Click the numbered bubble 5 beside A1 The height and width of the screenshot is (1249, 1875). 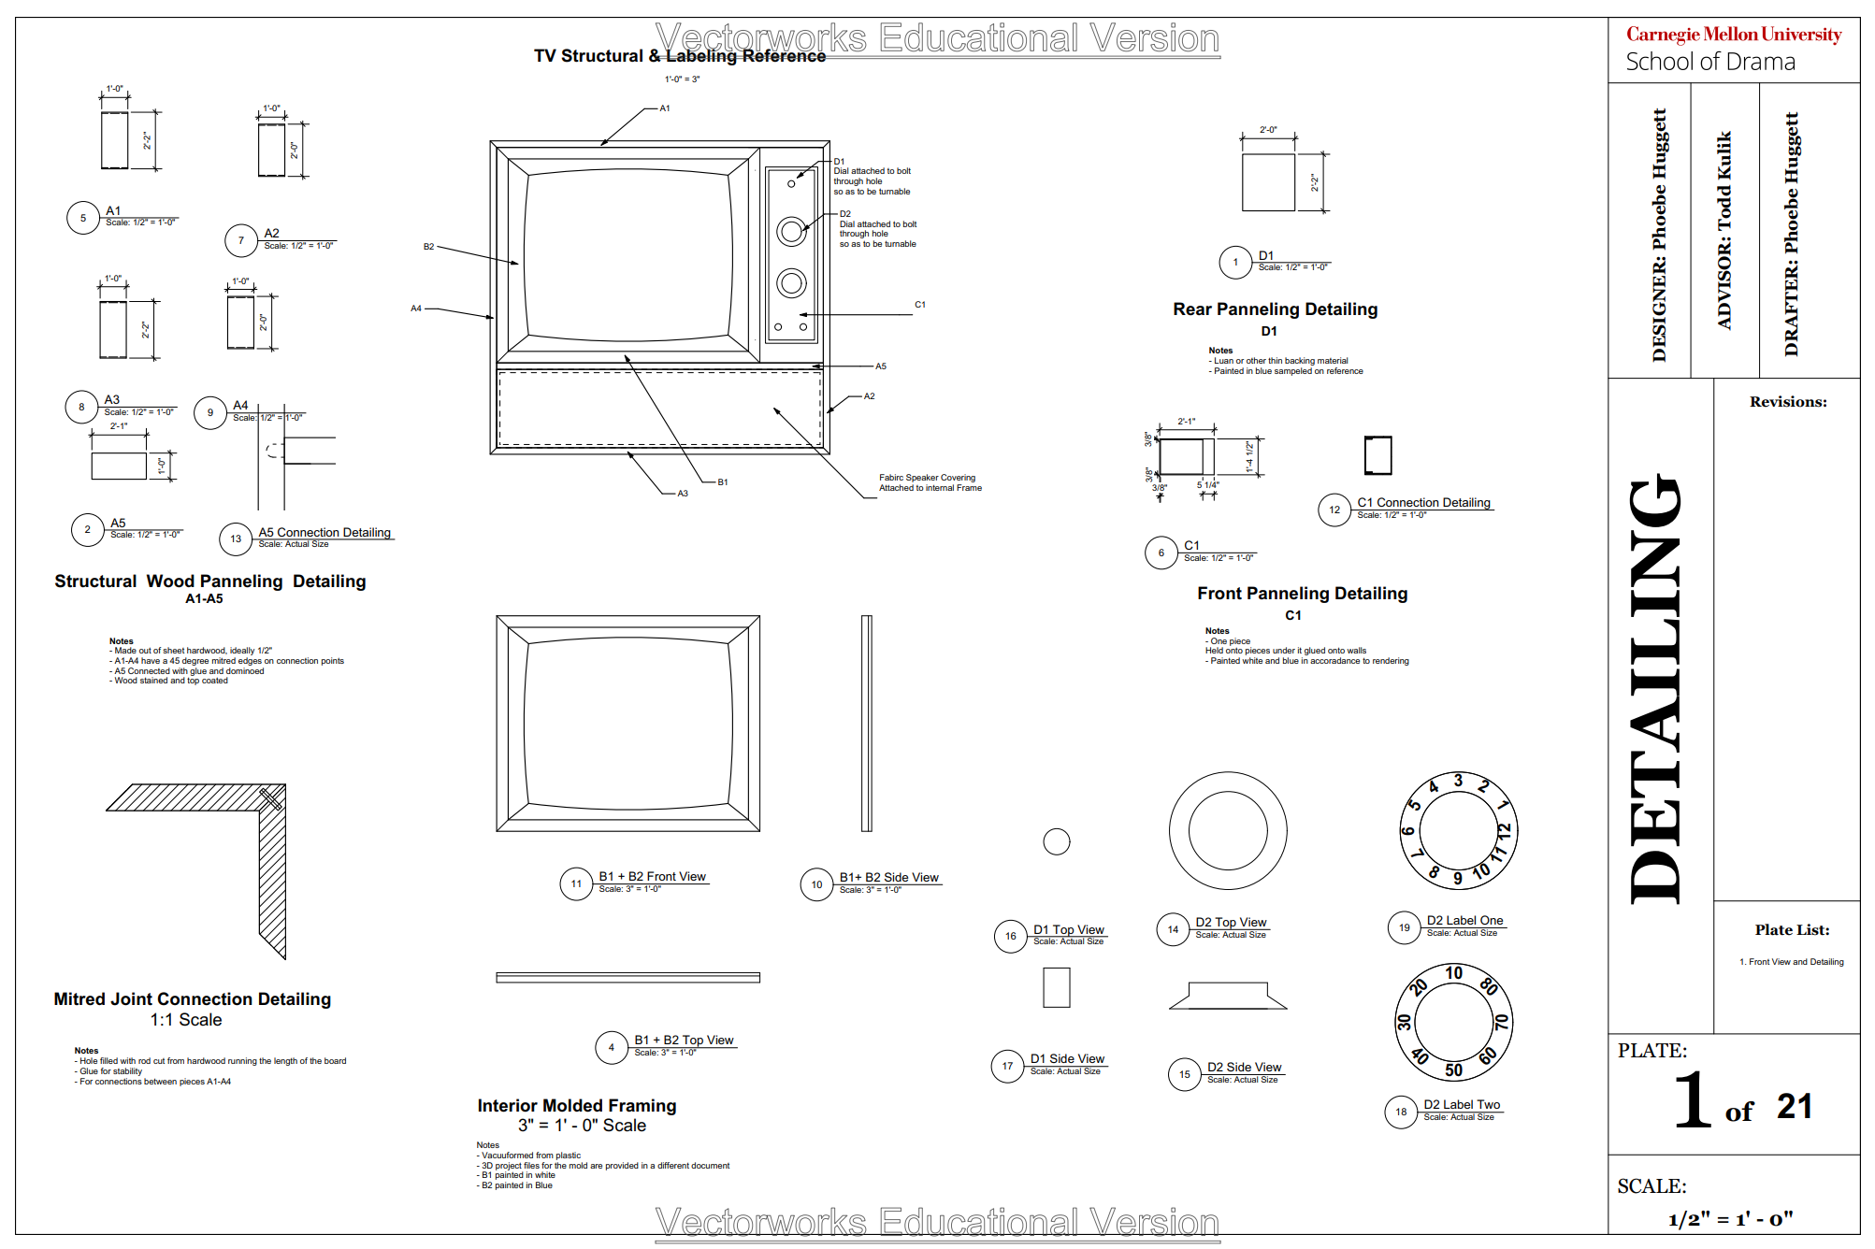click(83, 218)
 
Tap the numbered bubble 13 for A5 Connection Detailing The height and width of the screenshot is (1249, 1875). click(236, 538)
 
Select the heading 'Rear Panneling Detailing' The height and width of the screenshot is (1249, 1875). click(1275, 309)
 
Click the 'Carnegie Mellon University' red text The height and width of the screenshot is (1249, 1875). click(1733, 35)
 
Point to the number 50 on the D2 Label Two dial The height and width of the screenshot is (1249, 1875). click(1453, 1070)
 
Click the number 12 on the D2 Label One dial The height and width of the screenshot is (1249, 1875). click(1504, 829)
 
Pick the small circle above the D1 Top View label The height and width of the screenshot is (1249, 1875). click(1056, 841)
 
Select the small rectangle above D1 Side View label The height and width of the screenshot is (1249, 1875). click(1056, 987)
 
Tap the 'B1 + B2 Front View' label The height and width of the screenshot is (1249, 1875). click(652, 876)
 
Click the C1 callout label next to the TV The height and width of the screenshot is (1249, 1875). click(920, 305)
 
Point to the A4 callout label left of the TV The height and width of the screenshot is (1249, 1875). click(416, 309)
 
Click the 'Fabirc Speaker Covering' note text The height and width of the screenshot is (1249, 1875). click(927, 478)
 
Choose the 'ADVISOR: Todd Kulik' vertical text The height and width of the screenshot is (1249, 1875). click(1724, 230)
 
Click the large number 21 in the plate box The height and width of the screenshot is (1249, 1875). click(1794, 1107)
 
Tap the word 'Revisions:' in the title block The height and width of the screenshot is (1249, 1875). click(1788, 402)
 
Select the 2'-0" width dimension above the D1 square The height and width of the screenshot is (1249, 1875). click(1268, 130)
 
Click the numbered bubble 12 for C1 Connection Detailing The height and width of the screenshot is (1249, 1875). click(1334, 510)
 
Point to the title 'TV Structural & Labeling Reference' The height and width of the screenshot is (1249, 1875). click(680, 56)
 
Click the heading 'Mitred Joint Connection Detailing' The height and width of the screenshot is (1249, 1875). click(193, 999)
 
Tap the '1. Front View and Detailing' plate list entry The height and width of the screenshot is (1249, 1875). click(1791, 962)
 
